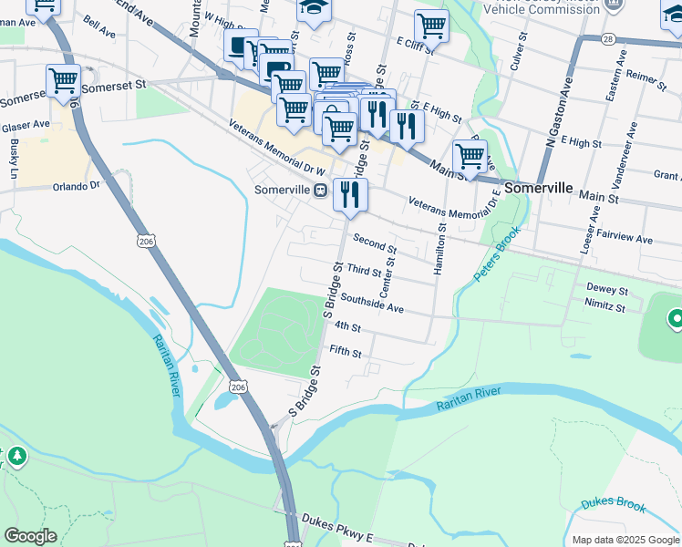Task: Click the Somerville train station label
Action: pos(284,191)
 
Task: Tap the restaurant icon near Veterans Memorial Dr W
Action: pos(350,195)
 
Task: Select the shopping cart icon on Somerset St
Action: pos(63,81)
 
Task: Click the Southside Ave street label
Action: pos(372,308)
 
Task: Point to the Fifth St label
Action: pos(346,353)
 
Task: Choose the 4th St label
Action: pos(348,326)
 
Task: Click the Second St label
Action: pos(374,245)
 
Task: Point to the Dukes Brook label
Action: pos(613,506)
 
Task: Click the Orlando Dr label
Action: pos(75,186)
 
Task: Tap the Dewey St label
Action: pos(607,291)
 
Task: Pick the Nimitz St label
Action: pos(604,308)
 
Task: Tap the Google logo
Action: pos(30,536)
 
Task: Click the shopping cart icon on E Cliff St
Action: pos(431,26)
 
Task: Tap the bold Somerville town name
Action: pos(538,188)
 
